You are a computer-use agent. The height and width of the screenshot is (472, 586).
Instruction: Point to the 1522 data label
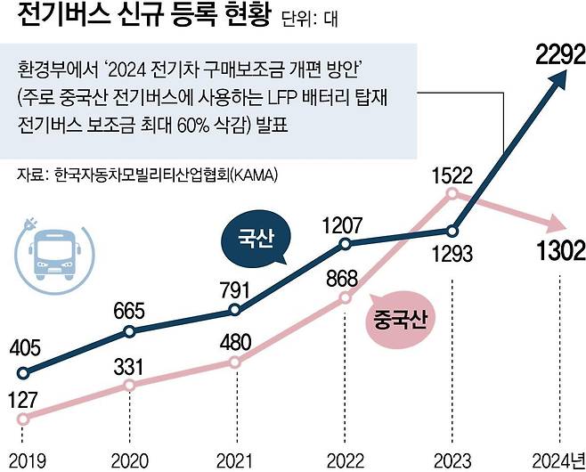(452, 174)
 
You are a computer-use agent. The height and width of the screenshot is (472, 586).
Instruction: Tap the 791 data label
(235, 289)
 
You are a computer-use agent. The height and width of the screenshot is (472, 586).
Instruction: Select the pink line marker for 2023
(452, 193)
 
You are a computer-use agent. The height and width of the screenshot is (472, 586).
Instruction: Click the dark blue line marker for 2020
(129, 331)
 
